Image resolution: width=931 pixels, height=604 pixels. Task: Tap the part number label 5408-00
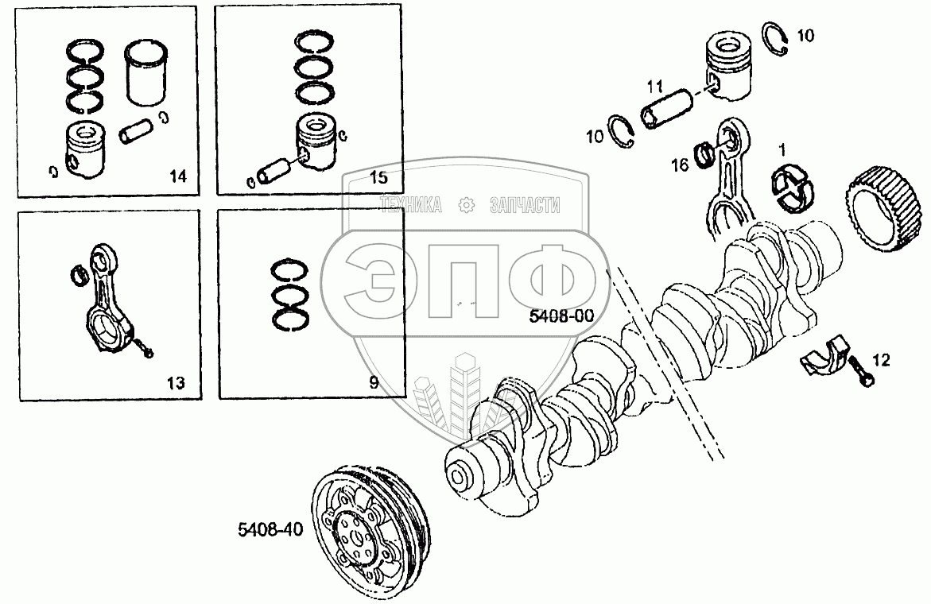tap(562, 316)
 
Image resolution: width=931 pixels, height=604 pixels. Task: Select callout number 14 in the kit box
tap(177, 177)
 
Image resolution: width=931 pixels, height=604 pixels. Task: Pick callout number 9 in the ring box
tap(374, 383)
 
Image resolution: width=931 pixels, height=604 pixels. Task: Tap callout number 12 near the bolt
tap(880, 360)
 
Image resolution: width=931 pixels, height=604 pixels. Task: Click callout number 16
tap(680, 165)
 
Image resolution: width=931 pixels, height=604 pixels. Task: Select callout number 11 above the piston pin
tap(655, 85)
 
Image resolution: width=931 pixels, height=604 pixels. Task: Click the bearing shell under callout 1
tap(792, 189)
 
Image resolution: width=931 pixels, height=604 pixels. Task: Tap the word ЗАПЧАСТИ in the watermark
tap(526, 206)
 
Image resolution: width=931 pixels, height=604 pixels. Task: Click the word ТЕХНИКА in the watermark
tap(412, 206)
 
